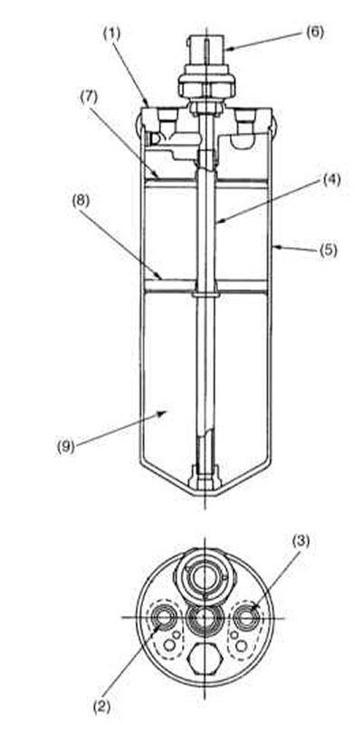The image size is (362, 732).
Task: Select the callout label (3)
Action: click(300, 542)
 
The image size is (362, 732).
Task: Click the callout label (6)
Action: click(315, 33)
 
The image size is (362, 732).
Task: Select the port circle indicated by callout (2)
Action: click(164, 617)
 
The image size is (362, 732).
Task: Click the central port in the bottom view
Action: click(205, 617)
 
